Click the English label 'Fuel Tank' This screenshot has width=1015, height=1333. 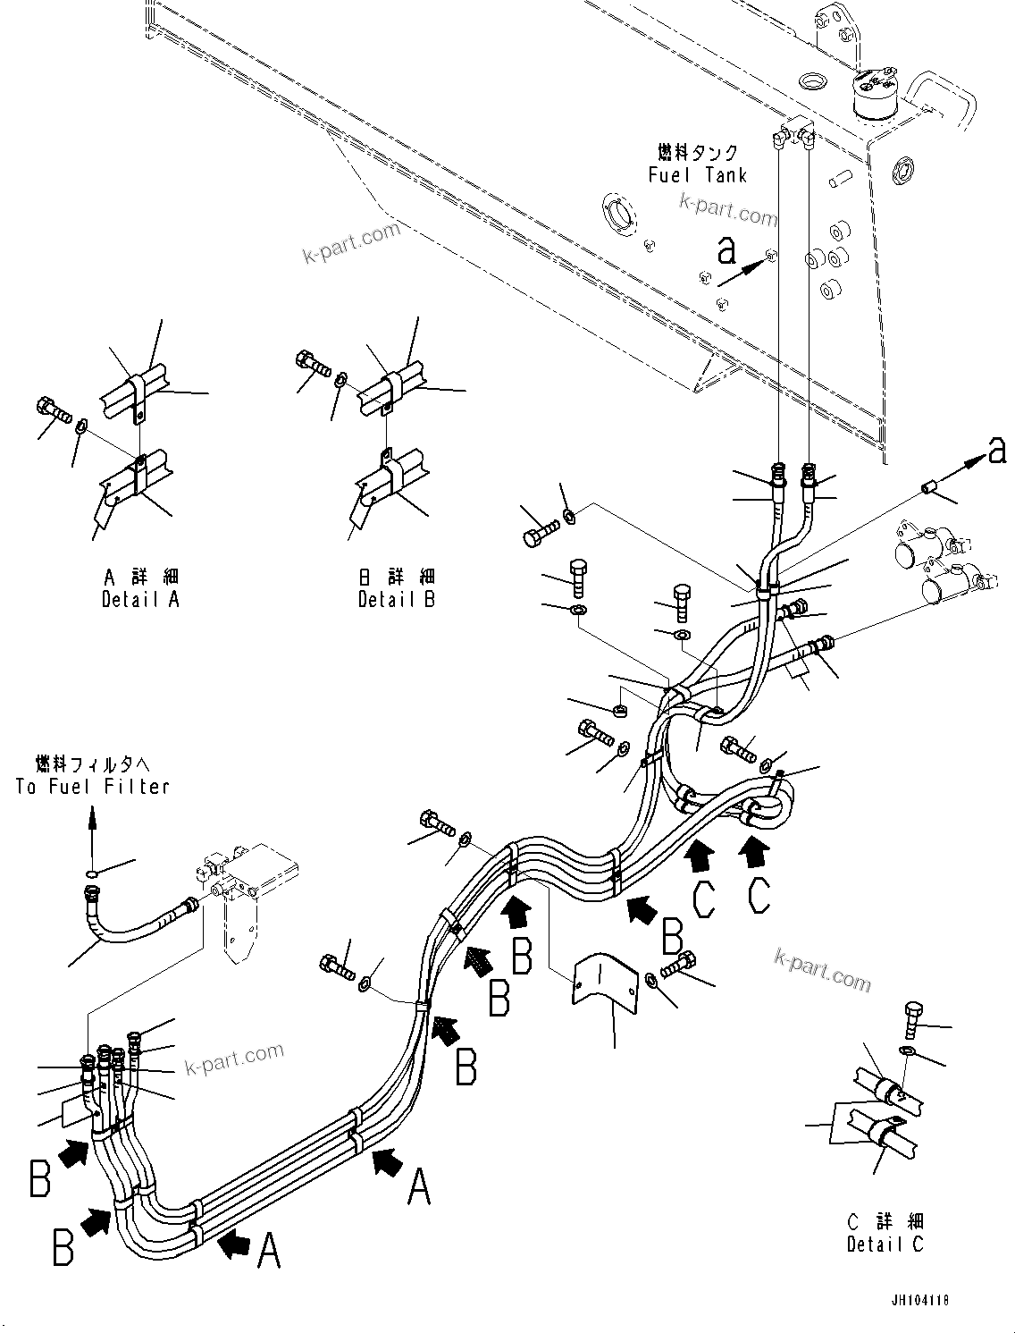click(x=697, y=175)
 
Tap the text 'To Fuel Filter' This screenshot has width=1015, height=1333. click(x=92, y=787)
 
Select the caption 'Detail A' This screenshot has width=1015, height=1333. click(x=140, y=600)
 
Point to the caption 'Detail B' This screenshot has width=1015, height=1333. click(x=396, y=600)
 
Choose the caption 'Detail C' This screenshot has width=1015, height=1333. click(x=885, y=1244)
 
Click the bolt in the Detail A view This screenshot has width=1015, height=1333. click(x=54, y=412)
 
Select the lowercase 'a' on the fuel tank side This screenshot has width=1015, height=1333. click(x=726, y=250)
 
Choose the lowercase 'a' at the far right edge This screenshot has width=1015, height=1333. click(x=997, y=453)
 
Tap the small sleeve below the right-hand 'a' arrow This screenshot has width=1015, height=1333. click(x=927, y=487)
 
